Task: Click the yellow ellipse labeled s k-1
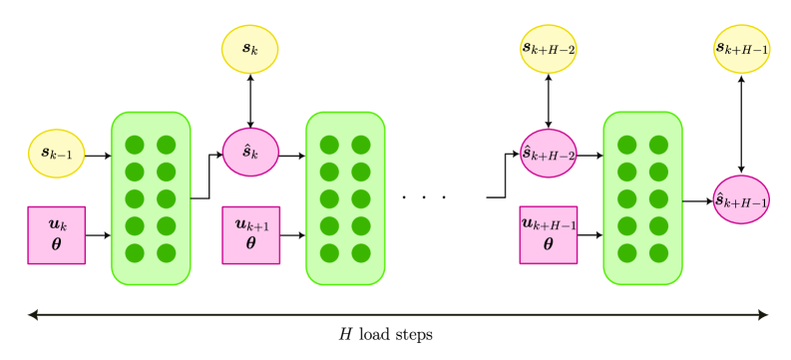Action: pyautogui.click(x=56, y=154)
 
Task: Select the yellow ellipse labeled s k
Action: pyautogui.click(x=249, y=49)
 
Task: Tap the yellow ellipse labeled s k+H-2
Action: pyautogui.click(x=548, y=49)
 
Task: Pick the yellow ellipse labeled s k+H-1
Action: pyautogui.click(x=741, y=49)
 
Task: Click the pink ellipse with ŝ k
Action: pyautogui.click(x=249, y=154)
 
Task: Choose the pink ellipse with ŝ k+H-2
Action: pyautogui.click(x=548, y=154)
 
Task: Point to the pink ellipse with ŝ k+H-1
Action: pyautogui.click(x=741, y=199)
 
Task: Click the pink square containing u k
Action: pyautogui.click(x=56, y=234)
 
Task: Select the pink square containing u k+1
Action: pyautogui.click(x=250, y=234)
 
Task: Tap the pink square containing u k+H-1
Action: pyautogui.click(x=548, y=234)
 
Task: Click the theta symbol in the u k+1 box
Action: pyautogui.click(x=250, y=243)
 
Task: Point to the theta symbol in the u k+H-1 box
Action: pyautogui.click(x=548, y=243)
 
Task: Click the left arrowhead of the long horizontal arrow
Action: pyautogui.click(x=32, y=315)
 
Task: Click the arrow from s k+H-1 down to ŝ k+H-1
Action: pyautogui.click(x=741, y=125)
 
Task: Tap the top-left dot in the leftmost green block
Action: pyautogui.click(x=135, y=146)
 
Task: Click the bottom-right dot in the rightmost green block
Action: pyautogui.click(x=658, y=252)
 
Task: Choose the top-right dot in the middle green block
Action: pyautogui.click(x=361, y=146)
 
